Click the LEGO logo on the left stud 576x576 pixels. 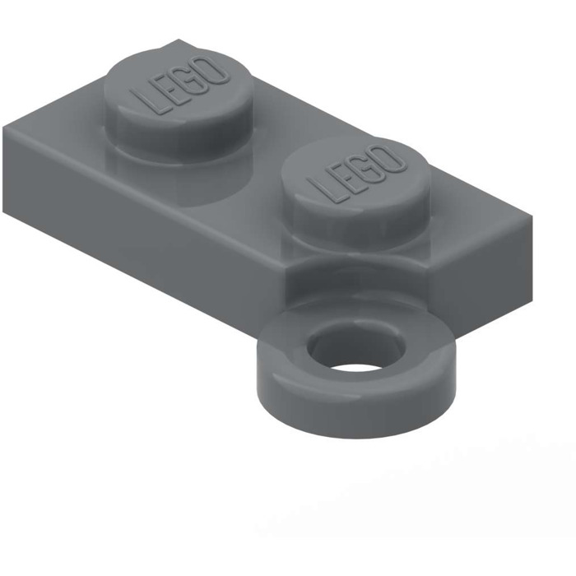tap(183, 86)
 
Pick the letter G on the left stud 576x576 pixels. tap(193, 80)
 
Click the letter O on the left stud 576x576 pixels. tap(215, 72)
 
